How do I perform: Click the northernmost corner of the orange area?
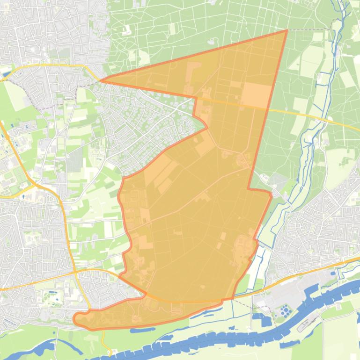(287, 30)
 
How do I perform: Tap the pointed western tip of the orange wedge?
(101, 80)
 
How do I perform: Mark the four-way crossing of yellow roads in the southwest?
(75, 271)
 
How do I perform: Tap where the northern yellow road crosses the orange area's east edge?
(267, 109)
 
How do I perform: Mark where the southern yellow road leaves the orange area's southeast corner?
(233, 298)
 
